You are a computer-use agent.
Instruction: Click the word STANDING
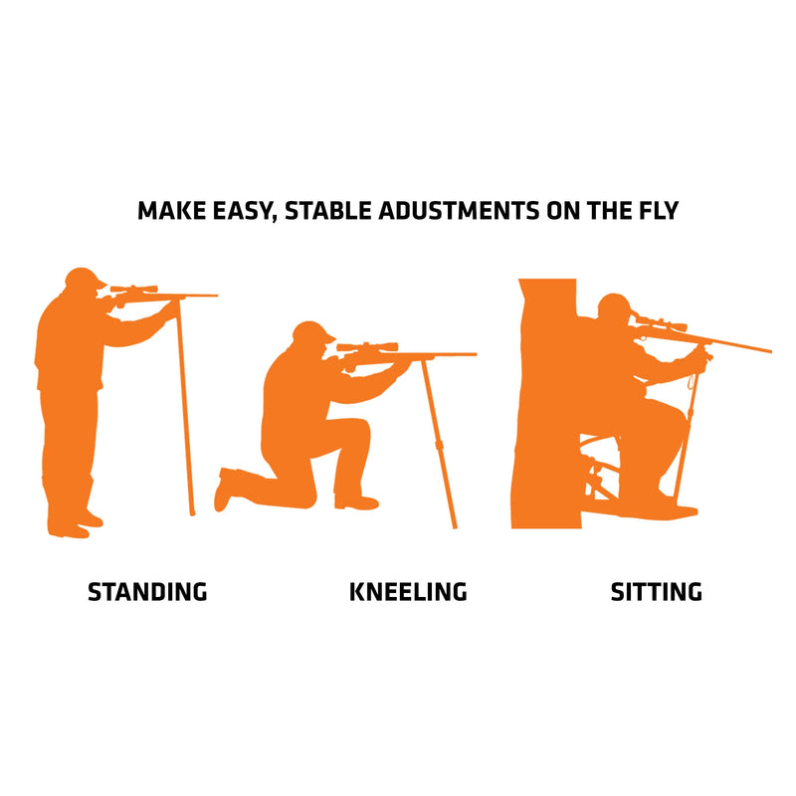point(147,591)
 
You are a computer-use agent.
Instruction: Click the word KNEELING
point(408,591)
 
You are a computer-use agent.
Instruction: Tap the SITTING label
point(656,591)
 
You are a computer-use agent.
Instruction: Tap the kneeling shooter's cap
point(311,331)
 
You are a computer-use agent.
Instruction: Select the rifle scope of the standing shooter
point(134,290)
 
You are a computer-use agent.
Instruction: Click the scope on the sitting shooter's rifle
point(660,323)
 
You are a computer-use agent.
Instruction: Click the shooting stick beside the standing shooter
point(185,418)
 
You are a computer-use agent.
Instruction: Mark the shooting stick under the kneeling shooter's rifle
point(439,448)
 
